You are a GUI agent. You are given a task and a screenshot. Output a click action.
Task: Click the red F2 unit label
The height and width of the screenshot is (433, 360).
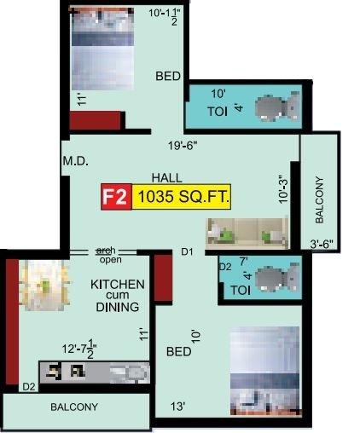(x=115, y=198)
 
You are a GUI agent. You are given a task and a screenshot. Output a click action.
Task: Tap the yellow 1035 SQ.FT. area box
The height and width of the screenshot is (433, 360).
(x=181, y=198)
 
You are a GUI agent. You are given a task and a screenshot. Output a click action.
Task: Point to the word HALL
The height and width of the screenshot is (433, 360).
(x=165, y=177)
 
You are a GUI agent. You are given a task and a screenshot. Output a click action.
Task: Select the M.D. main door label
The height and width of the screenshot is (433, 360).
(x=76, y=160)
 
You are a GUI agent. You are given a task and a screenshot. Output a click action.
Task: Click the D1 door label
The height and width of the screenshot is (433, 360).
(x=188, y=252)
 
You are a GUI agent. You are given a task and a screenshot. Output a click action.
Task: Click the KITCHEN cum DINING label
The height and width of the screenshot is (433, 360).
(x=118, y=295)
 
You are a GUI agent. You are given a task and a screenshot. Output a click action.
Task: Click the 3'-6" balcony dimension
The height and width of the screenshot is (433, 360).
(x=323, y=245)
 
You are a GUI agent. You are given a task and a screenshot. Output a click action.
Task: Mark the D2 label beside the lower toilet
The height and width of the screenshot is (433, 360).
(x=225, y=267)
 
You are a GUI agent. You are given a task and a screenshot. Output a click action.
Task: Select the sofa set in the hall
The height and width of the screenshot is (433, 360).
(x=247, y=231)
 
